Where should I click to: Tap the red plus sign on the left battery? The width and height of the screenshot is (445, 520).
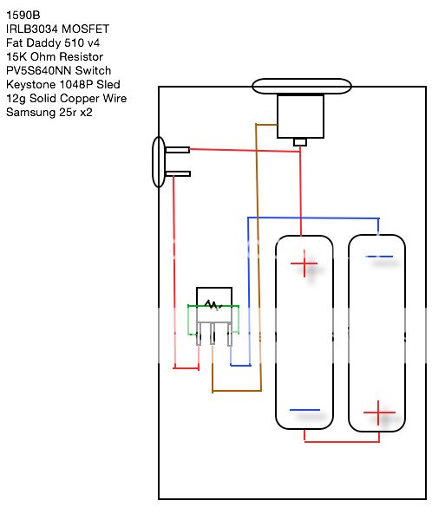[304, 264]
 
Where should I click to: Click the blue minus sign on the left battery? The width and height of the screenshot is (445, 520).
[304, 410]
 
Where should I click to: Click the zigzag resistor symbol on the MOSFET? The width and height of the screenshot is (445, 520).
[213, 305]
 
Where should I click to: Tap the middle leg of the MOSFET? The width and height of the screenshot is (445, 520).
[213, 334]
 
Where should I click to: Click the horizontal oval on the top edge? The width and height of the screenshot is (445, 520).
[301, 86]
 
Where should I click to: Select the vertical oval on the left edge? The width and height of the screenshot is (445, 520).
[158, 162]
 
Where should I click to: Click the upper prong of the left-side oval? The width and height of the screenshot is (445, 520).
[177, 150]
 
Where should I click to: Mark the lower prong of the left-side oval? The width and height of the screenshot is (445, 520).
[178, 174]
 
